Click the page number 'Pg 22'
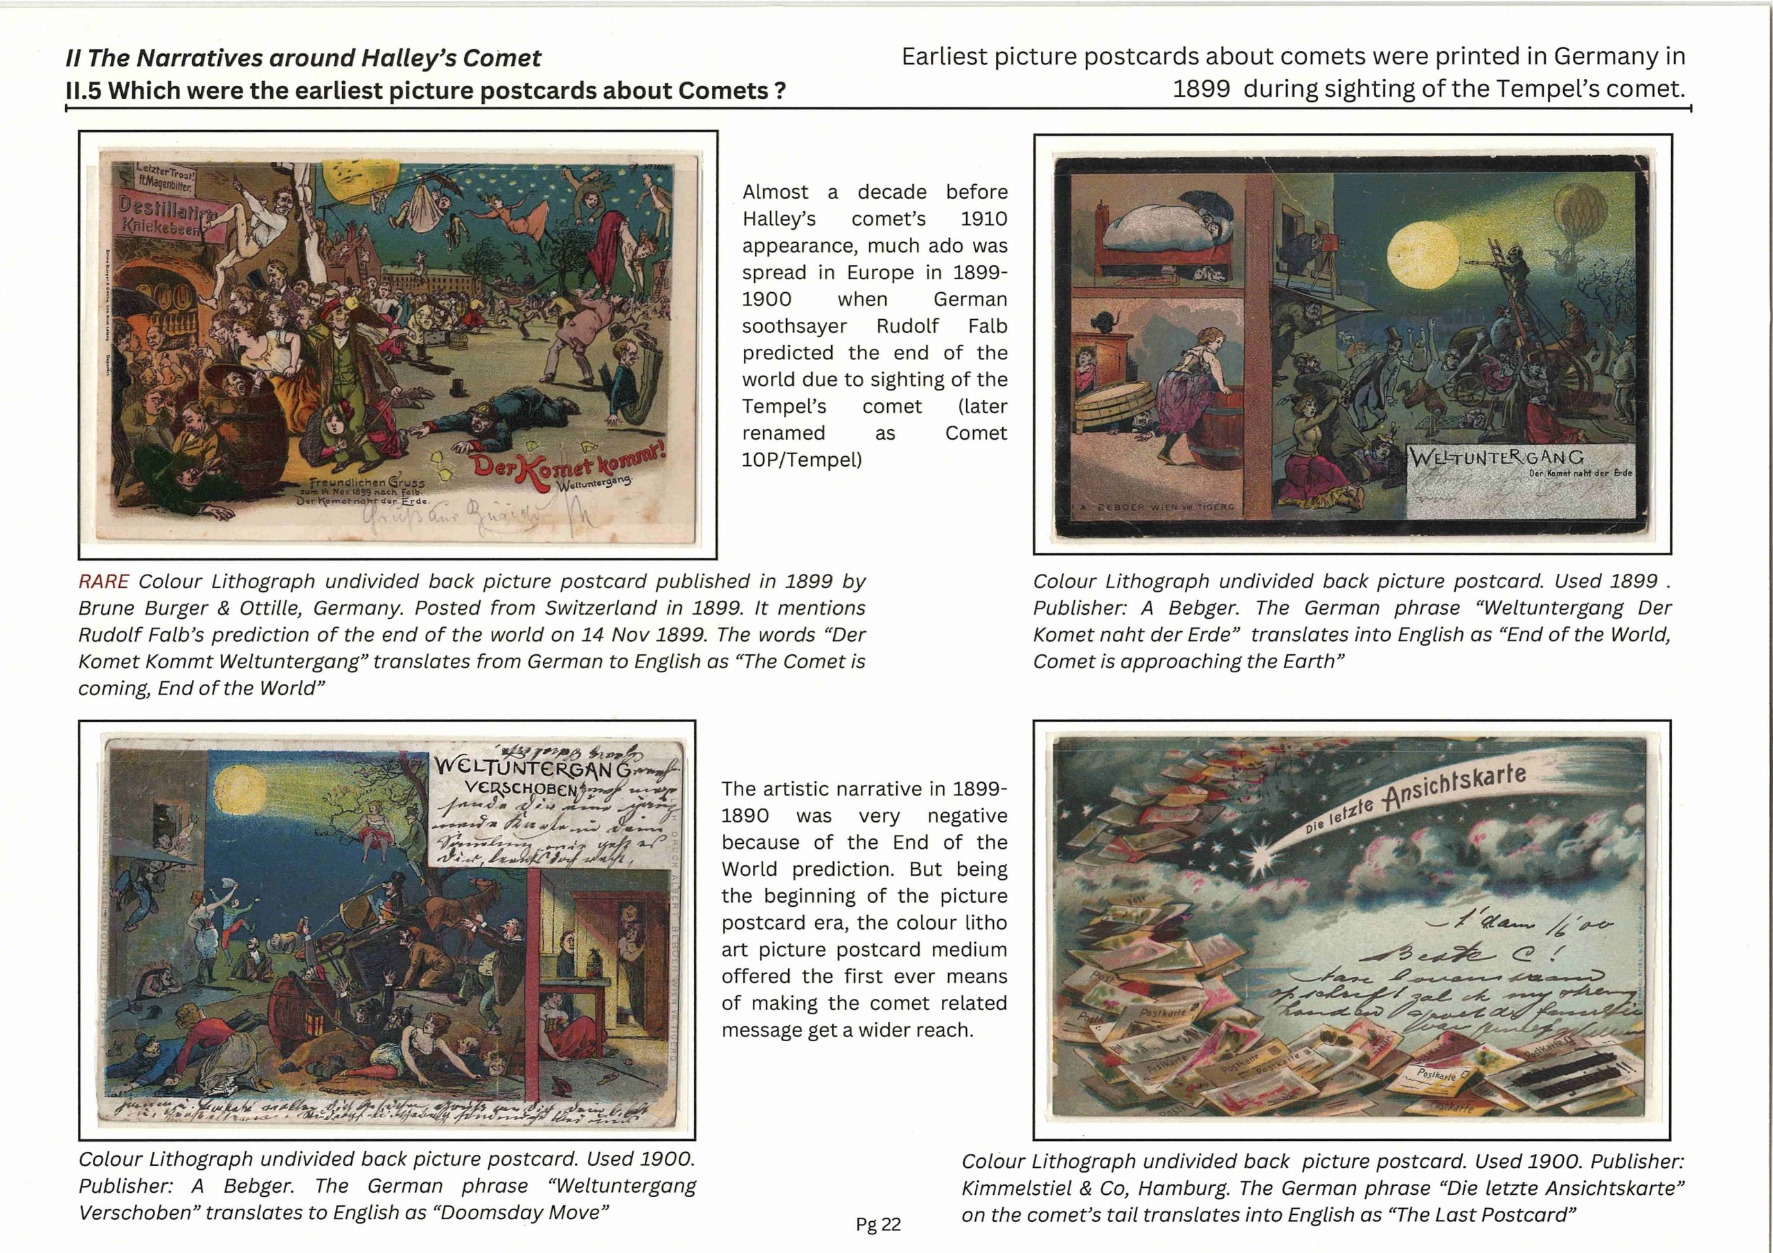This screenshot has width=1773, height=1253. pyautogui.click(x=878, y=1225)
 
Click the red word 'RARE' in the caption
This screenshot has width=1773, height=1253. pyautogui.click(x=103, y=582)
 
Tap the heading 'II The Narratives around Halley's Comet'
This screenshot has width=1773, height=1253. pyautogui.click(x=303, y=58)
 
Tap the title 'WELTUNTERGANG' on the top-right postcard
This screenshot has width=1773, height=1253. pyautogui.click(x=1497, y=457)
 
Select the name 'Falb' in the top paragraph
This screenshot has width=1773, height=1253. pyautogui.click(x=987, y=326)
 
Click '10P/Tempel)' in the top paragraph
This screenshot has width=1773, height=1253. pyautogui.click(x=801, y=460)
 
